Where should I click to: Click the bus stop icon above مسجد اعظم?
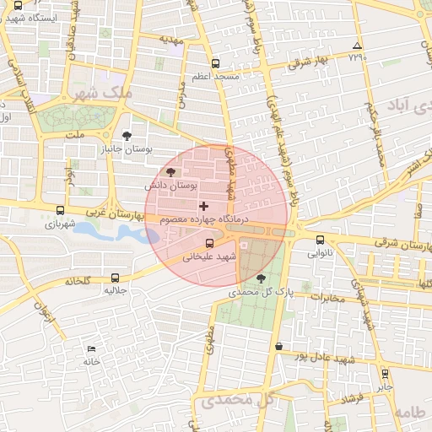216,63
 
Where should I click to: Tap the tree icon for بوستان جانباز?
127,135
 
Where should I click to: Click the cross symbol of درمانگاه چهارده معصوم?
202,206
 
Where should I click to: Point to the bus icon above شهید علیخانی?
209,244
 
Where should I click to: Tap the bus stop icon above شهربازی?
59,211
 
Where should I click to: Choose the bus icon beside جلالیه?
115,277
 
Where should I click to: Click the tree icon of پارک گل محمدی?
260,278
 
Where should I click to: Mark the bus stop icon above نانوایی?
320,240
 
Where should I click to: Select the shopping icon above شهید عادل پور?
278,345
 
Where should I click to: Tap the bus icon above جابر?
385,373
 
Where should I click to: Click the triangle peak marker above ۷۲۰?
357,46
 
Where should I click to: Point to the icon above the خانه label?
91,349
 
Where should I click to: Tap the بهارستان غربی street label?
105,214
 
